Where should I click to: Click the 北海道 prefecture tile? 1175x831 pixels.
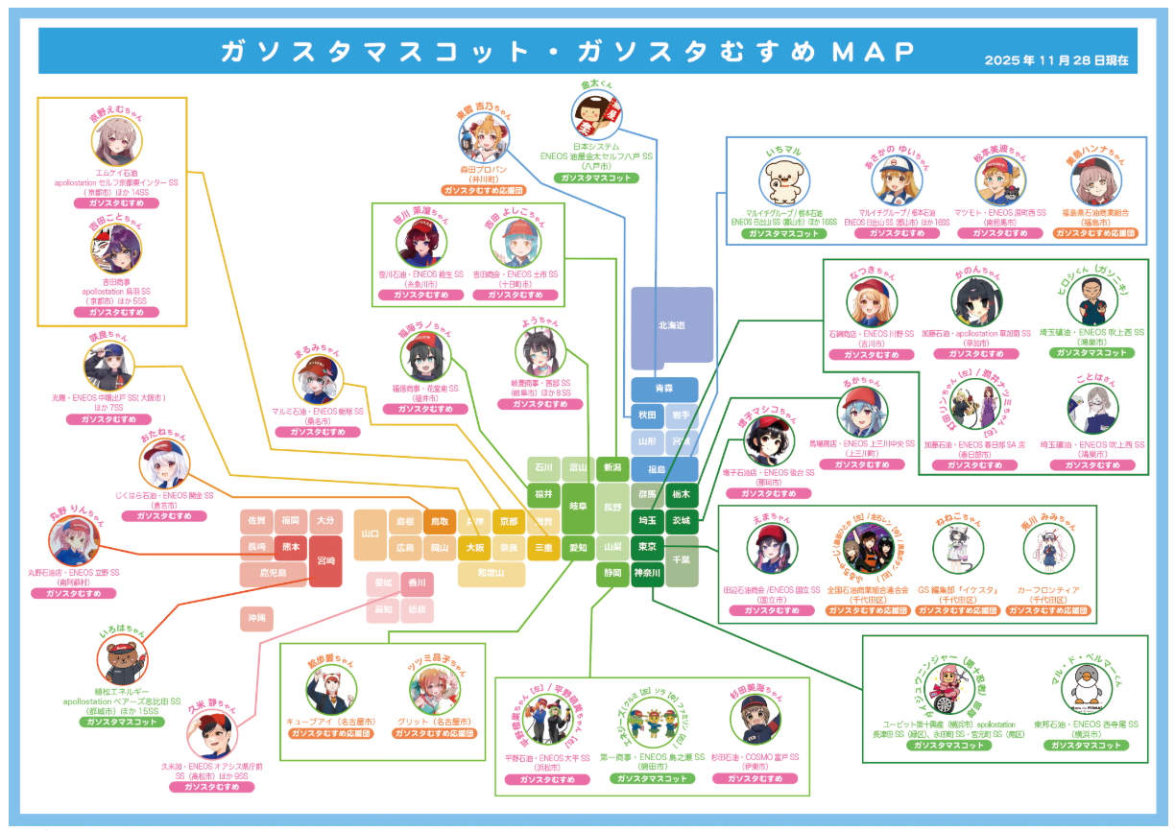pyautogui.click(x=672, y=326)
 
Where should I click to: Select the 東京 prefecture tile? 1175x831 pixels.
pyautogui.click(x=646, y=547)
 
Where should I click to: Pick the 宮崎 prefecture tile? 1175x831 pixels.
pyautogui.click(x=326, y=560)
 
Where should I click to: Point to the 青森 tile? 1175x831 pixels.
pyautogui.click(x=664, y=390)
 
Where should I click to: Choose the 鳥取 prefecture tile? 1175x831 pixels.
pyautogui.click(x=440, y=521)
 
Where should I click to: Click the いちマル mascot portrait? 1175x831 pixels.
pyautogui.click(x=786, y=180)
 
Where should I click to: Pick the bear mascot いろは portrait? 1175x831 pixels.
pyautogui.click(x=122, y=661)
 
